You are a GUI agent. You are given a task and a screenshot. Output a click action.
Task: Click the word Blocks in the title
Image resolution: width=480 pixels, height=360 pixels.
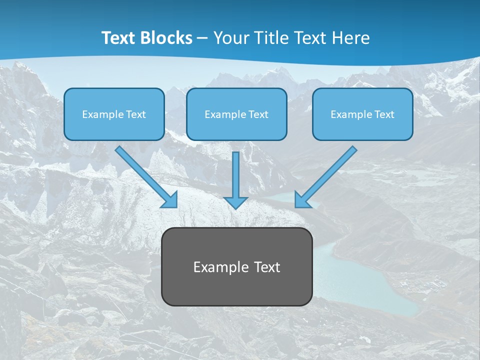coord(167,38)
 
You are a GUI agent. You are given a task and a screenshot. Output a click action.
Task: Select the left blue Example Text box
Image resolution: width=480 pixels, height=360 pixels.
coord(114,114)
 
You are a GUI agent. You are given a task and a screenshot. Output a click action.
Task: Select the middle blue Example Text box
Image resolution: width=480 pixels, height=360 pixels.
coord(236,114)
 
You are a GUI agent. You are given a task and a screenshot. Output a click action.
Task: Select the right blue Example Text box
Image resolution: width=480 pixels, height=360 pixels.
coord(362,114)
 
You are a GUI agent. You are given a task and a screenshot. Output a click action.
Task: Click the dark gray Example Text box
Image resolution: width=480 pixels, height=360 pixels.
coord(236,266)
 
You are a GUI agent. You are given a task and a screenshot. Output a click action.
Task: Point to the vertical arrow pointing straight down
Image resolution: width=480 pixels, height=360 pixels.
coord(235,175)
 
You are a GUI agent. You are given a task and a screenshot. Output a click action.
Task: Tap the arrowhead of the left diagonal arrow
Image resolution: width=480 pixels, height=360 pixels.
coord(170,199)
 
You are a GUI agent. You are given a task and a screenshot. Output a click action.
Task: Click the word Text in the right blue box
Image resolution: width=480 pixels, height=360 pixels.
coord(384,114)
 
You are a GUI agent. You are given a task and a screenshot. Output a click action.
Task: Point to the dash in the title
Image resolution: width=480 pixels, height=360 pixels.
coord(202,38)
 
